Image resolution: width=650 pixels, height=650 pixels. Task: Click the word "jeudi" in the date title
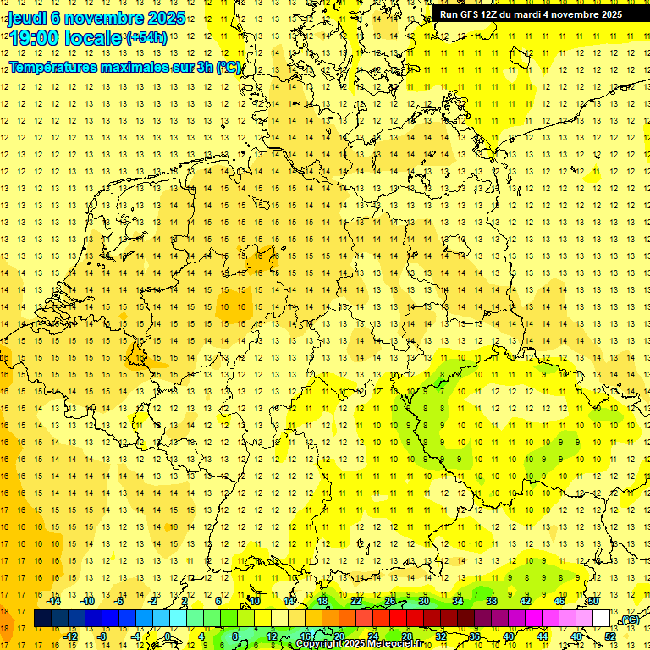tap(29, 19)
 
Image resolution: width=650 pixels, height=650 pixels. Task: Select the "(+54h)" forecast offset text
tap(146, 38)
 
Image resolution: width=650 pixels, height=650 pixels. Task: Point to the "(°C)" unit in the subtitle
tap(229, 67)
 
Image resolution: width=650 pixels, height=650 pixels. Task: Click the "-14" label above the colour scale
tap(55, 601)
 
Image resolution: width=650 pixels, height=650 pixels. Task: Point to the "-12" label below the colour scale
tap(71, 636)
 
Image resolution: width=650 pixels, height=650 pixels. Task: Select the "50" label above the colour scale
tap(593, 601)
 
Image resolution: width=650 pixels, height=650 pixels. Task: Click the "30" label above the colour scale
tap(423, 601)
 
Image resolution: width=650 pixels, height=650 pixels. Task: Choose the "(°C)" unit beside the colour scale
tap(629, 620)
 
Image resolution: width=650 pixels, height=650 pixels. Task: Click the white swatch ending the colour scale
tap(601, 619)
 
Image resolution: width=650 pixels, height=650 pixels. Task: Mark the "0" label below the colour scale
tap(168, 636)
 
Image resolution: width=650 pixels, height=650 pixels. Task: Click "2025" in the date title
tap(160, 19)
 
